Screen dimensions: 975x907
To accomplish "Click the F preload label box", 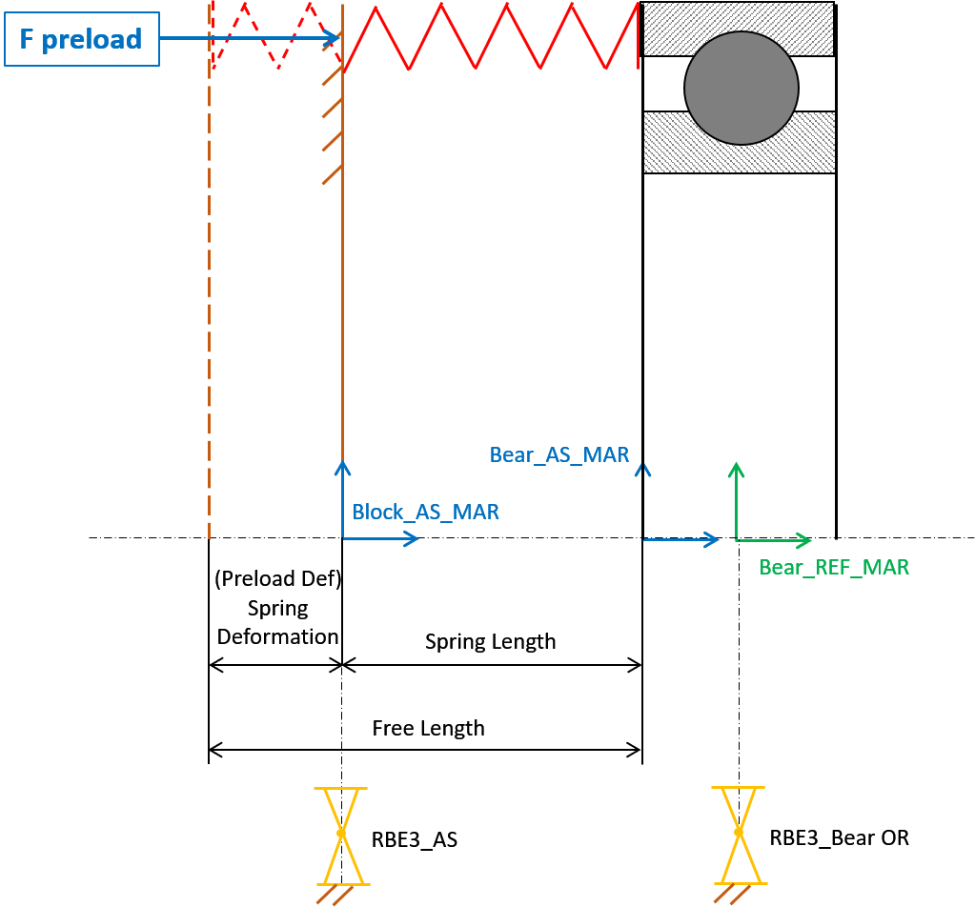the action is click(x=82, y=39).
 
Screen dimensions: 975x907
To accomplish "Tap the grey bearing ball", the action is click(x=741, y=89).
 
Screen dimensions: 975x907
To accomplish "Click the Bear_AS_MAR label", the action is click(x=559, y=455).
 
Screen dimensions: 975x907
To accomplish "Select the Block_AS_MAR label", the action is click(x=425, y=513).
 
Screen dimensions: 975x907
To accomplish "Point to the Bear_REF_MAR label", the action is click(x=834, y=568).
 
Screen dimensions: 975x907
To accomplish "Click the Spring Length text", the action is click(x=490, y=641).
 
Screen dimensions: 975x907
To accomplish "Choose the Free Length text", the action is click(x=428, y=729).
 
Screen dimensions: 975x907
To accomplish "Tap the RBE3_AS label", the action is click(x=415, y=840).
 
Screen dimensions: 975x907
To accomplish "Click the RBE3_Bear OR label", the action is click(x=839, y=838).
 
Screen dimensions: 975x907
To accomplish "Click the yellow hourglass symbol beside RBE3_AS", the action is click(x=341, y=833).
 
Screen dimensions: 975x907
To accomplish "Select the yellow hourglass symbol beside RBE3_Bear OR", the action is click(x=739, y=832).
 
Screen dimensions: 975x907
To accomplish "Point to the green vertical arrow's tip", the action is click(x=736, y=463).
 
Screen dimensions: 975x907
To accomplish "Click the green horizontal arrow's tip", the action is click(x=811, y=539).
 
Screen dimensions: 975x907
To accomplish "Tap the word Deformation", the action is click(x=277, y=636).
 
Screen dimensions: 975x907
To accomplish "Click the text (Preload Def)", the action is click(x=277, y=578).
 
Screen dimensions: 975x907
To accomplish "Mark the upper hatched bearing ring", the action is click(x=738, y=30).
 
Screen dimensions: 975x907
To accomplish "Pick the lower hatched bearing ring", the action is click(x=739, y=142).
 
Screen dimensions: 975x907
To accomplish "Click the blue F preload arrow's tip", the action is click(x=339, y=38).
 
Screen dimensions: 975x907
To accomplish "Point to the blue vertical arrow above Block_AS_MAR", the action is click(x=342, y=500).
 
